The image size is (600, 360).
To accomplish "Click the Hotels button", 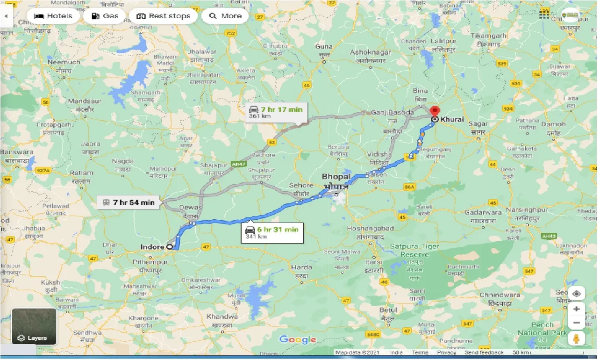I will point(53,16).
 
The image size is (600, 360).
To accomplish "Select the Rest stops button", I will point(163,16).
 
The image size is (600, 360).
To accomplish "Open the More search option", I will point(225,16).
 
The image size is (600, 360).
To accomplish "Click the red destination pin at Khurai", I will point(435,112).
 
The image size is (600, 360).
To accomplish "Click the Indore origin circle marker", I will point(169,247).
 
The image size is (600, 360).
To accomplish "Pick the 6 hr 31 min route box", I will point(272,232).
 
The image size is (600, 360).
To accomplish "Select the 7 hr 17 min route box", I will point(276,112).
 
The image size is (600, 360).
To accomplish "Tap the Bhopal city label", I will point(336,177).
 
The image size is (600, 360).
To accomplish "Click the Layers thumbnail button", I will point(34,326).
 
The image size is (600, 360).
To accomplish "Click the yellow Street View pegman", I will point(577,339).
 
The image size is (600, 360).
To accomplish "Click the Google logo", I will point(298,339).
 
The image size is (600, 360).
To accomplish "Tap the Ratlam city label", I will point(82,173).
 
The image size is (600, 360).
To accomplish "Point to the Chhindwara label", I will point(500,295).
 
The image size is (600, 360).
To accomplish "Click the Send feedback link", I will point(484,353).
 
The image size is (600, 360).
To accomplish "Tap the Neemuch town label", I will point(64,62).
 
